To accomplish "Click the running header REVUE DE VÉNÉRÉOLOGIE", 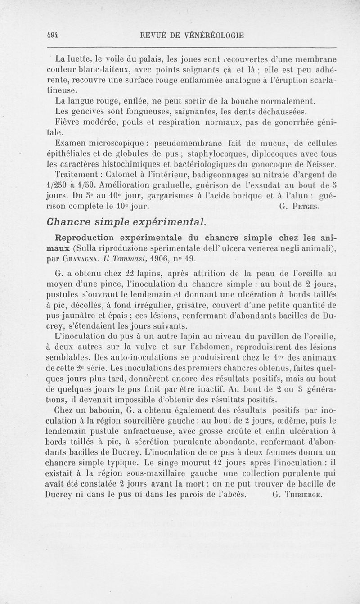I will coord(193,34).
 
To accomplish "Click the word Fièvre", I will coord(68,122).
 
